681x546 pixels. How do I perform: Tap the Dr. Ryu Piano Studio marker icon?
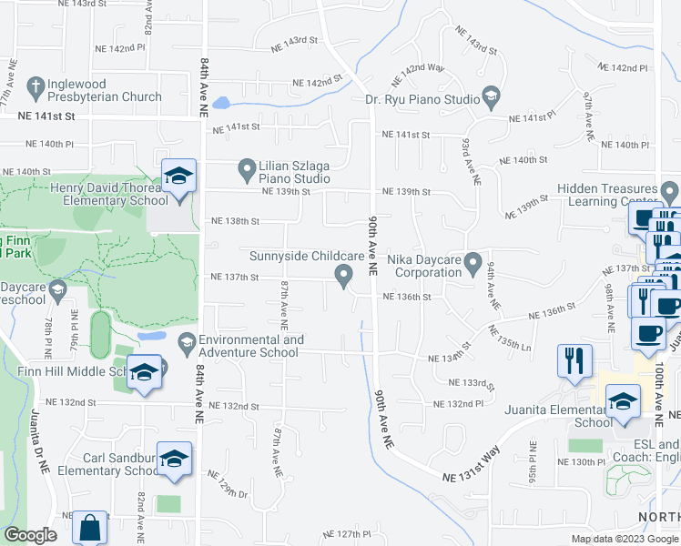(x=492, y=96)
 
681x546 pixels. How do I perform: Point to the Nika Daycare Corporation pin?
(x=473, y=264)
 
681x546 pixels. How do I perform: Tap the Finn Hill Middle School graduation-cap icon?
(x=145, y=372)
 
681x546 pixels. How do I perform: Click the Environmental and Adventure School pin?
(x=188, y=342)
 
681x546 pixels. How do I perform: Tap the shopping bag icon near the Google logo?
(x=91, y=528)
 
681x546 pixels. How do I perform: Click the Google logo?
(x=30, y=535)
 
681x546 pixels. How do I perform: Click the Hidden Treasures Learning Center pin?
(x=670, y=193)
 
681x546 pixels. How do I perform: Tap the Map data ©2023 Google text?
(x=625, y=539)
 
